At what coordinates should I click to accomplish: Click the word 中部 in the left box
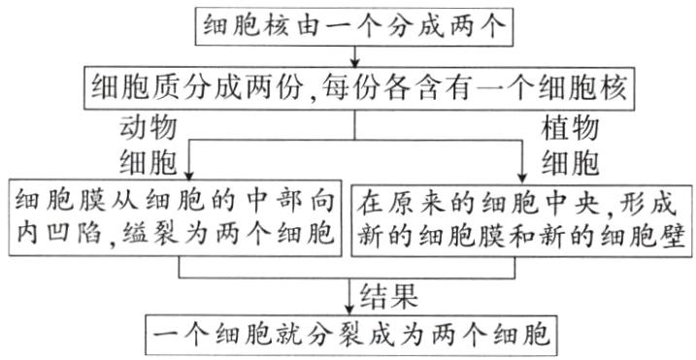[254, 202]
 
